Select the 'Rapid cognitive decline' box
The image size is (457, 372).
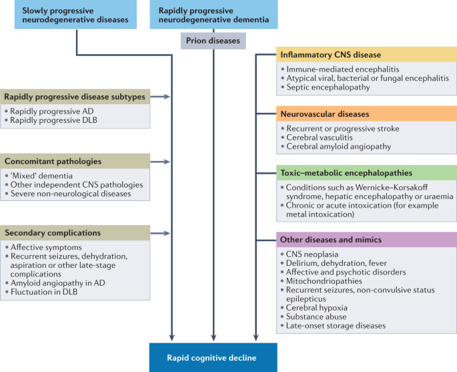click(213, 357)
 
